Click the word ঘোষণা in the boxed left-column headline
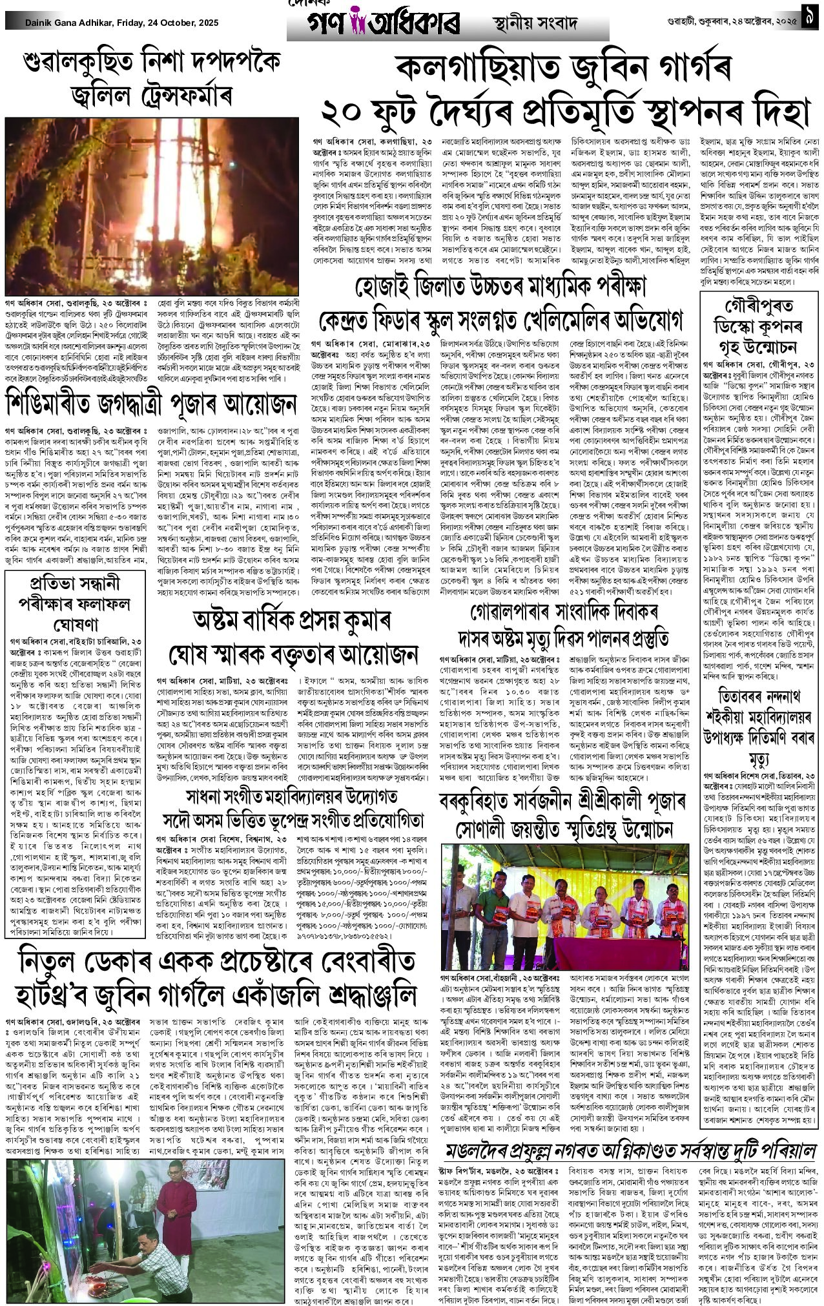[x=71, y=625]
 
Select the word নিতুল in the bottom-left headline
[x=51, y=960]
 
